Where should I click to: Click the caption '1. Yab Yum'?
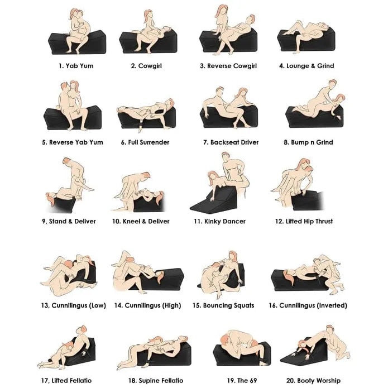click(76, 66)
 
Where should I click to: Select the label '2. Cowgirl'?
click(146, 66)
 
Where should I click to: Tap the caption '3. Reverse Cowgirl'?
click(228, 66)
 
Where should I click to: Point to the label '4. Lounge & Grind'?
click(306, 66)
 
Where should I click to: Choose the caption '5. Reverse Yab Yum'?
click(72, 142)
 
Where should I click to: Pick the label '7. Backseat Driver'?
click(231, 142)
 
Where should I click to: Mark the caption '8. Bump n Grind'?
click(308, 142)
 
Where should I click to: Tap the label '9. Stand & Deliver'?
click(69, 221)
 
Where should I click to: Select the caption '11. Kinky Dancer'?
click(219, 221)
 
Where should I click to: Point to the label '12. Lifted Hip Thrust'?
click(304, 221)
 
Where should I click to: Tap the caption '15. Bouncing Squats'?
click(223, 305)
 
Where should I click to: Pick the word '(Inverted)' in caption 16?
click(332, 305)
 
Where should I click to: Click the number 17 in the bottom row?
click(45, 380)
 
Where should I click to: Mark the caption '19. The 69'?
click(242, 380)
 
